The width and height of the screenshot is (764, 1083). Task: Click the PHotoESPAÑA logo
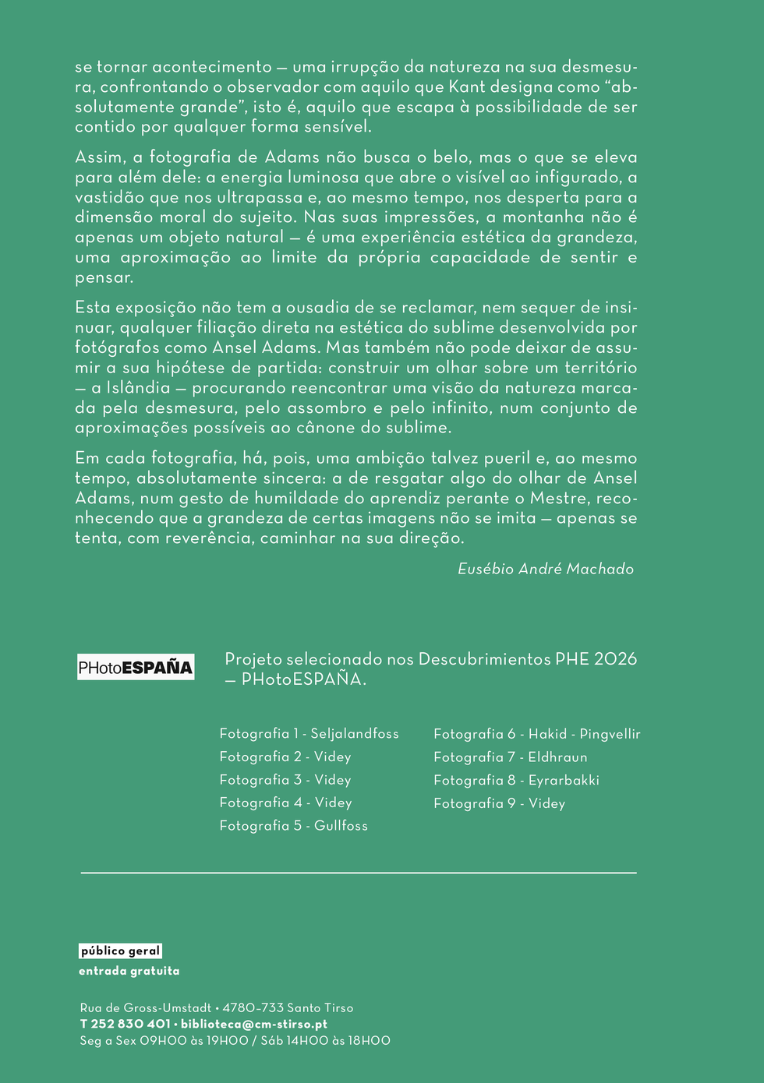coord(136,667)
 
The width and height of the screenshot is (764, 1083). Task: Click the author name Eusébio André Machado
coord(546,569)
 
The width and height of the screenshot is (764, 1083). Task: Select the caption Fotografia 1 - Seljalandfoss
coord(309,733)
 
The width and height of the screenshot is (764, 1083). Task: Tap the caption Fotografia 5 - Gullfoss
coord(293,825)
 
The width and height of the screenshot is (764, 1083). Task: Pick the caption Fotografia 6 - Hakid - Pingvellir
coord(536,733)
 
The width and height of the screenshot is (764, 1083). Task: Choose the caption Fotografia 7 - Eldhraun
coord(510,757)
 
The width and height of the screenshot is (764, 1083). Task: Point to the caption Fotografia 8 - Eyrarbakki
coord(516,780)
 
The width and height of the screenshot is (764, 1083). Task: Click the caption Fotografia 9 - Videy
coord(499,803)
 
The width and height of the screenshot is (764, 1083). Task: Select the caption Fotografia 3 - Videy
coord(285,780)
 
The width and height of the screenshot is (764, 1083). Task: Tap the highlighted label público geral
coord(120,951)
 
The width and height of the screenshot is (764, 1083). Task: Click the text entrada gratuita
coord(129,971)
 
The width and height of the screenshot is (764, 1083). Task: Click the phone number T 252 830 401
coord(125,1024)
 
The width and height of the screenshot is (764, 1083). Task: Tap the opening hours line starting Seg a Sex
coord(235,1040)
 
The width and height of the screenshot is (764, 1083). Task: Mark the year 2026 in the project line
coord(615,658)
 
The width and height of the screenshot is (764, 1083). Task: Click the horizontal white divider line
coord(359,873)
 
